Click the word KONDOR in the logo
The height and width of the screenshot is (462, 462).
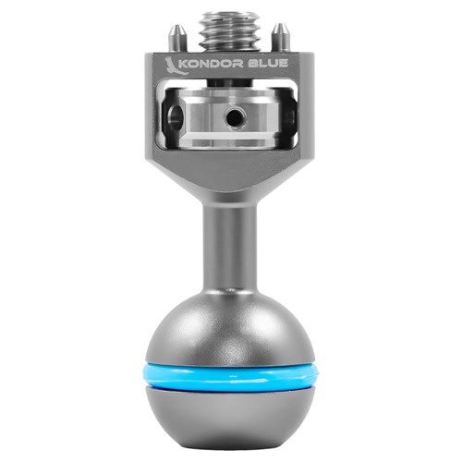(210, 64)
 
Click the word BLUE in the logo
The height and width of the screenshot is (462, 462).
(268, 64)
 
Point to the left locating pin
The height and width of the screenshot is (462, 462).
(177, 38)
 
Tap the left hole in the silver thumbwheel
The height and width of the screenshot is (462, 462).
(175, 117)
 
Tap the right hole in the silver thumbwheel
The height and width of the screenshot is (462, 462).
(289, 117)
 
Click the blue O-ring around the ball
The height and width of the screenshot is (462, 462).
(230, 377)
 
